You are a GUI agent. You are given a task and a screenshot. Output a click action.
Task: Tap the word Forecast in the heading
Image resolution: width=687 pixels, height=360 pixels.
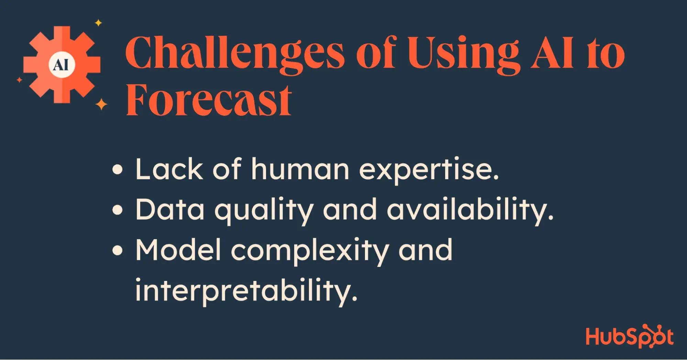point(209,99)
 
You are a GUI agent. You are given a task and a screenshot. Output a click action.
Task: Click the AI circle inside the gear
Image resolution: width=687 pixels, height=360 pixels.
point(62,65)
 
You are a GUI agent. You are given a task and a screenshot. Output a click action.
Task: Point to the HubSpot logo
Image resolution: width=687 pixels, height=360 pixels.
point(630,336)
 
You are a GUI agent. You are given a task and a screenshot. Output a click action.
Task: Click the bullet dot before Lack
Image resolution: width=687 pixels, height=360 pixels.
point(118,170)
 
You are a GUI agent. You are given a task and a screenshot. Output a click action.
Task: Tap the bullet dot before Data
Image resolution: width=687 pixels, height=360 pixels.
point(118,210)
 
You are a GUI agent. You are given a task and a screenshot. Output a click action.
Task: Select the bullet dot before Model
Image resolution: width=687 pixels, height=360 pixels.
point(118,251)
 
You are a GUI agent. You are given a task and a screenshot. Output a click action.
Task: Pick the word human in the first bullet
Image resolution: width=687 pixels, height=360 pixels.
point(300,168)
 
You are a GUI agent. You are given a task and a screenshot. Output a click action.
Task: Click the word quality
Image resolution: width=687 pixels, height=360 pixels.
point(264,210)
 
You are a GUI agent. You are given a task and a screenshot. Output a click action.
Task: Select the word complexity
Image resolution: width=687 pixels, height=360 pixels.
point(310,251)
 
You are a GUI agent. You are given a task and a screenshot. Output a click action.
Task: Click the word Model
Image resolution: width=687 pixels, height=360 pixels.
point(178,250)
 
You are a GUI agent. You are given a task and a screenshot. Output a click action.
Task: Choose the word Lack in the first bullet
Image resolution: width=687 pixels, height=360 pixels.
point(169,168)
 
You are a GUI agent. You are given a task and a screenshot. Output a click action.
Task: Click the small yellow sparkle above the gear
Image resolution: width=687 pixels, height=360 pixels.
point(98,23)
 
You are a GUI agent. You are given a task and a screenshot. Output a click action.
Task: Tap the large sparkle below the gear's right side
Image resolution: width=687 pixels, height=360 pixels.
point(101,104)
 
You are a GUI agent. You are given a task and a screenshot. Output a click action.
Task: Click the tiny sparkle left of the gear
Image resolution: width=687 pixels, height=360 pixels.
point(20,80)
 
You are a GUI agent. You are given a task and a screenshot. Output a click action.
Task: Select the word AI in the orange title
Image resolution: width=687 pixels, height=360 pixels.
point(552,53)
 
